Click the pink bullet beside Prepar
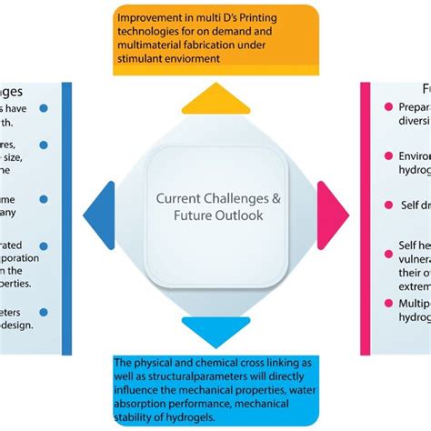[387, 107]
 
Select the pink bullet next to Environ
[387, 155]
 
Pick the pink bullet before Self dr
[387, 205]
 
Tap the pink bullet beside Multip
[387, 302]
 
